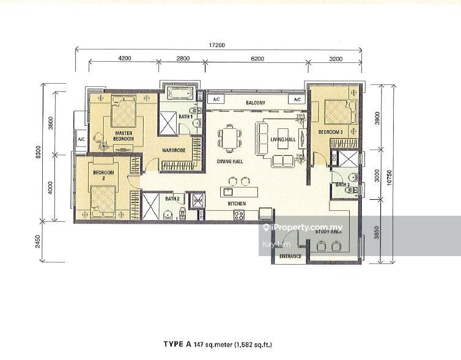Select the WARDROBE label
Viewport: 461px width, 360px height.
click(x=174, y=149)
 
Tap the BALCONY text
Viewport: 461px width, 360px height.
click(x=255, y=103)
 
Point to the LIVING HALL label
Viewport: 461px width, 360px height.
click(x=283, y=139)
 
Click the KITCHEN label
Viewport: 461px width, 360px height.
click(x=237, y=202)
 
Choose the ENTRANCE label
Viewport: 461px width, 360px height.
click(x=290, y=256)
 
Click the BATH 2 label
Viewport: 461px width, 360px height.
click(x=172, y=199)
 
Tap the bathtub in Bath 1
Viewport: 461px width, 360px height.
click(x=179, y=95)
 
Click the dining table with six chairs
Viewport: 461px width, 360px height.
click(x=229, y=137)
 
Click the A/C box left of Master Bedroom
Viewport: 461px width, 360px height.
click(x=81, y=139)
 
